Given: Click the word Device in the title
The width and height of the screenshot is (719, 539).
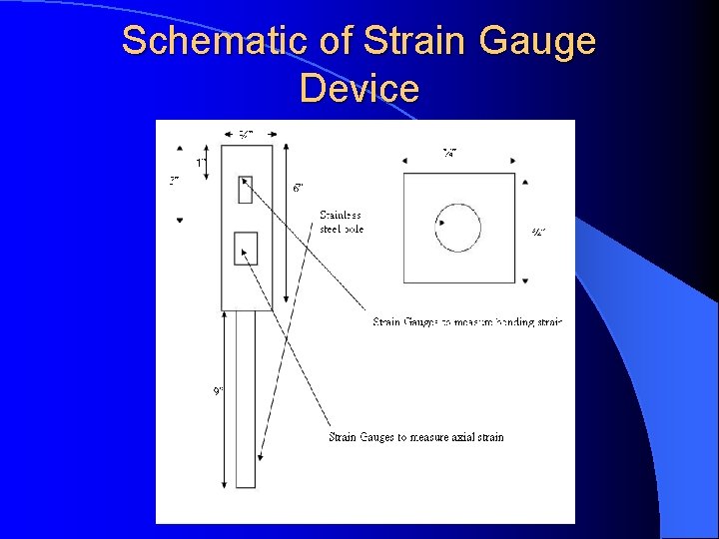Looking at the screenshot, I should pyautogui.click(x=359, y=88).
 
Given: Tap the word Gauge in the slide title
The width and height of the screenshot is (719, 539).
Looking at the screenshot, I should pyautogui.click(x=537, y=42).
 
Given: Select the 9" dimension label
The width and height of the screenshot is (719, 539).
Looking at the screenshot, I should pyautogui.click(x=218, y=390).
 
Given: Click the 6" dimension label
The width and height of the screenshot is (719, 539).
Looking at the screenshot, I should pyautogui.click(x=299, y=187).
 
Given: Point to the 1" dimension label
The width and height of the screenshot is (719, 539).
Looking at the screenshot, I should pyautogui.click(x=201, y=163).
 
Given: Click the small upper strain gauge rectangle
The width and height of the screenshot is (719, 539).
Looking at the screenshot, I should pyautogui.click(x=246, y=188).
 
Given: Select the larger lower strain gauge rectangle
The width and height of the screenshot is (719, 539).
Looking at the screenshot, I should pyautogui.click(x=246, y=248).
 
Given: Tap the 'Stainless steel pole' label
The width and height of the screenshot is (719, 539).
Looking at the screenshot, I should pyautogui.click(x=341, y=222).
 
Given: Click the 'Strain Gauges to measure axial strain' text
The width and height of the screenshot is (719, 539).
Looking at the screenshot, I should pyautogui.click(x=416, y=436).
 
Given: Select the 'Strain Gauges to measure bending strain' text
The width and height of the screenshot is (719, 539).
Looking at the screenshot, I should pyautogui.click(x=467, y=321).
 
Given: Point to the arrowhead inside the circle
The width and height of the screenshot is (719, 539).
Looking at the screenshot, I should pyautogui.click(x=441, y=223).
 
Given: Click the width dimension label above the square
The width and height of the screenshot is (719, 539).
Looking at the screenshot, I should pyautogui.click(x=450, y=153).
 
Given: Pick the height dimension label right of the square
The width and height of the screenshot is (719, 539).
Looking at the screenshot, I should pyautogui.click(x=537, y=233).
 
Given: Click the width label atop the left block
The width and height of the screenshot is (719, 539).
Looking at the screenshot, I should pyautogui.click(x=245, y=134).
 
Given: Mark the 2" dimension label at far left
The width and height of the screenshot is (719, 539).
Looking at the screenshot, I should pyautogui.click(x=174, y=181).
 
